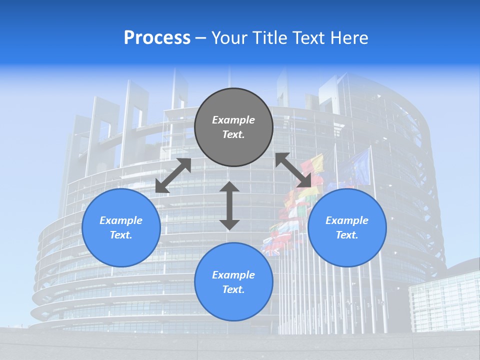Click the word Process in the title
[157, 38]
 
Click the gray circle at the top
[233, 145]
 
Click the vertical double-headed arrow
[229, 205]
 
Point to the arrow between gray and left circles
[173, 175]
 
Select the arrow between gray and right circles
[293, 170]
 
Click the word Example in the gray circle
[233, 120]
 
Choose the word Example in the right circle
[347, 220]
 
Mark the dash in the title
[201, 38]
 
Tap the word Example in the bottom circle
[233, 275]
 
